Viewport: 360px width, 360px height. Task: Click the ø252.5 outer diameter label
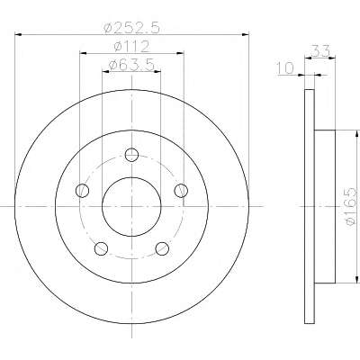click(x=130, y=29)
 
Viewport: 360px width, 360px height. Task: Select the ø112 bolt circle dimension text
click(x=131, y=47)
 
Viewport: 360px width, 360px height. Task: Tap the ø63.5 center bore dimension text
click(x=131, y=65)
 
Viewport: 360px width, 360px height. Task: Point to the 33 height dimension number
click(x=320, y=51)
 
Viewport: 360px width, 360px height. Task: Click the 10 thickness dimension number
click(x=285, y=68)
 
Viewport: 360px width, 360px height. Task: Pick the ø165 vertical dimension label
click(x=351, y=207)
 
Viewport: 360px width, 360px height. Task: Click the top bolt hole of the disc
click(x=131, y=155)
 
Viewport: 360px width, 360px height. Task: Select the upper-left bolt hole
click(x=83, y=191)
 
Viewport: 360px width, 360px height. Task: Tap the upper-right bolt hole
click(x=181, y=191)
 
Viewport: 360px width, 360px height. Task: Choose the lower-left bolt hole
click(x=101, y=248)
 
